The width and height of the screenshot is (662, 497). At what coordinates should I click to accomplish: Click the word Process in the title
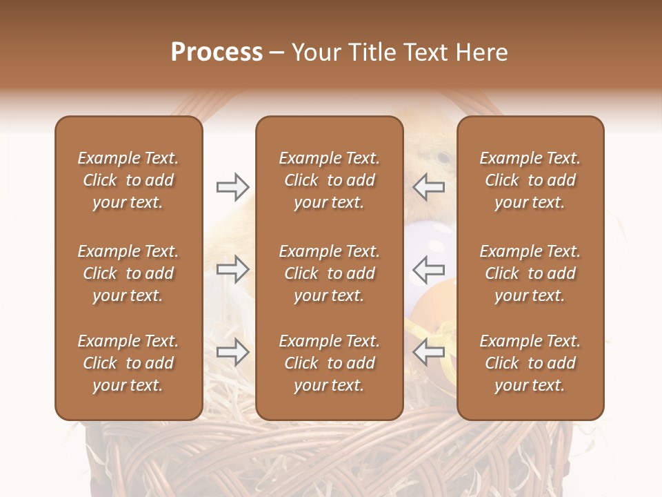click(217, 52)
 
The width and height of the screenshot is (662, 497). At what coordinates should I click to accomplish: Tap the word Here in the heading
click(482, 52)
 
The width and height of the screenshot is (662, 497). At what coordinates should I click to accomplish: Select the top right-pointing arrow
click(232, 186)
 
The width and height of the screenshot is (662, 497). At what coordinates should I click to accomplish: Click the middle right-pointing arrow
click(232, 269)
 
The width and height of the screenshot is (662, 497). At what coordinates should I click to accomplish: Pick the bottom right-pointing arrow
click(232, 351)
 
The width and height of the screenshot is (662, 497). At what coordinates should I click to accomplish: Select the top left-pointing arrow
click(428, 186)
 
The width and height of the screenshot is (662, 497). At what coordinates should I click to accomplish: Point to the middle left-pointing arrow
click(428, 269)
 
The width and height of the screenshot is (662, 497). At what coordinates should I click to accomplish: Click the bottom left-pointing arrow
click(428, 351)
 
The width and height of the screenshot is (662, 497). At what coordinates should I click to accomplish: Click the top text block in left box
click(128, 180)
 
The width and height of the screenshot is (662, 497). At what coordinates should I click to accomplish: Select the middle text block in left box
click(128, 273)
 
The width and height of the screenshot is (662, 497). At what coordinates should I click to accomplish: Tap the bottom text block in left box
click(128, 363)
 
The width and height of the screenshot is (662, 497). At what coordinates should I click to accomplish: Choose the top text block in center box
click(330, 180)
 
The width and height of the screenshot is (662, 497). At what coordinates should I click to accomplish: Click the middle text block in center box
click(330, 273)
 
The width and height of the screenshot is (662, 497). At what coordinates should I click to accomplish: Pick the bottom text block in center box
click(330, 363)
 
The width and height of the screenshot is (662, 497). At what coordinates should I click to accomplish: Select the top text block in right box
click(530, 180)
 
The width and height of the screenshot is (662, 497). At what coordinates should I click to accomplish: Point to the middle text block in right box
click(530, 273)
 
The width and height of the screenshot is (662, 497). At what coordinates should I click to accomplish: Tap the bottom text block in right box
click(530, 363)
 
